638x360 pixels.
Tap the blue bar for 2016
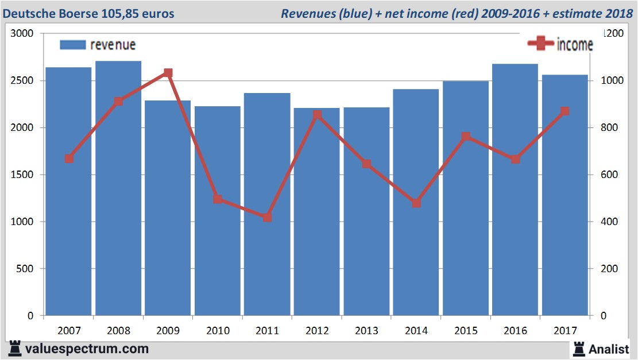515,189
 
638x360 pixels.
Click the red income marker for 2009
168,73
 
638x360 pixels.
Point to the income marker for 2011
267,218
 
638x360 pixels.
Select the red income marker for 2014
416,203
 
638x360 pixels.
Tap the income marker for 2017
565,111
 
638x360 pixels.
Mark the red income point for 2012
317,115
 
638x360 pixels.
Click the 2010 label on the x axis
218,331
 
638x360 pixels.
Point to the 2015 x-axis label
466,331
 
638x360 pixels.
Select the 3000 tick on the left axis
24,34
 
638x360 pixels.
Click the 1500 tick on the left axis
24,175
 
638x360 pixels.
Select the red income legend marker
540,44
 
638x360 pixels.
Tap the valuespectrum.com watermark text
86,349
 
